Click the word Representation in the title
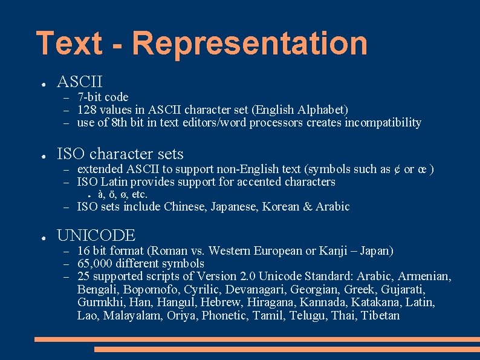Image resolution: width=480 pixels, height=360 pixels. click(249, 44)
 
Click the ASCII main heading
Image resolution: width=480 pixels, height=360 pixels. click(79, 81)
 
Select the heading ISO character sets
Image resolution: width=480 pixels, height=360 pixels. click(120, 154)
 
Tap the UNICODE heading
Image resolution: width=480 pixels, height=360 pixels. click(96, 235)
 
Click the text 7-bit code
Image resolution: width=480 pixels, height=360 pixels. click(103, 97)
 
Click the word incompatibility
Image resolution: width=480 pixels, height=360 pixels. click(383, 123)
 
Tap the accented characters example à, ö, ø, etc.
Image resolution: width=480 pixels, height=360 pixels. click(122, 194)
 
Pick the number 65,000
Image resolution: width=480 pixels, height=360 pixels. click(94, 264)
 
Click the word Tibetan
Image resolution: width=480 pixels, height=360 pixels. click(380, 315)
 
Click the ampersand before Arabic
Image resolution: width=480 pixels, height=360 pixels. click(307, 207)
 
